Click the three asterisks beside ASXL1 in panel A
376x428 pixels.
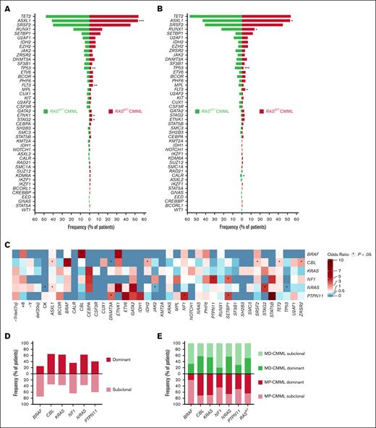point(142,22)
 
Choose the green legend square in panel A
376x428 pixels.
point(45,112)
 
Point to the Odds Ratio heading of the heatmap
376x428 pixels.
point(338,249)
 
